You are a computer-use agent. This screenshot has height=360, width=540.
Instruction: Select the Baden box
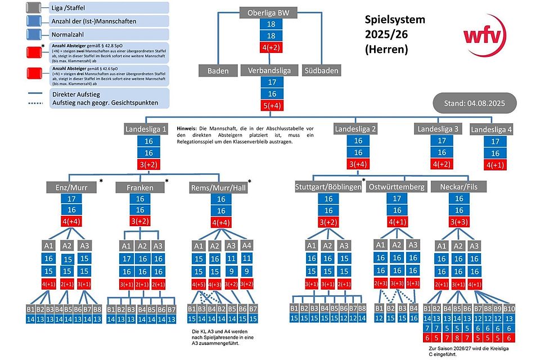218,71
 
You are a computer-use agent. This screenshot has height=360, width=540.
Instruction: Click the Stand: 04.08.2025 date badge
471,104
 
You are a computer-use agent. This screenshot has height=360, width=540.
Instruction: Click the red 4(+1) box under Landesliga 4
495,165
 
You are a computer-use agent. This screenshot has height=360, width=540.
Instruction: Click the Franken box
139,186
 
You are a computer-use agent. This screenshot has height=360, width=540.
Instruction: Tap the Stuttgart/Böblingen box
328,187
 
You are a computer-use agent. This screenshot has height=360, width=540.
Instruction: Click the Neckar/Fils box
459,186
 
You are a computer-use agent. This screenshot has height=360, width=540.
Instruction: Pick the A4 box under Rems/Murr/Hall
247,246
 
